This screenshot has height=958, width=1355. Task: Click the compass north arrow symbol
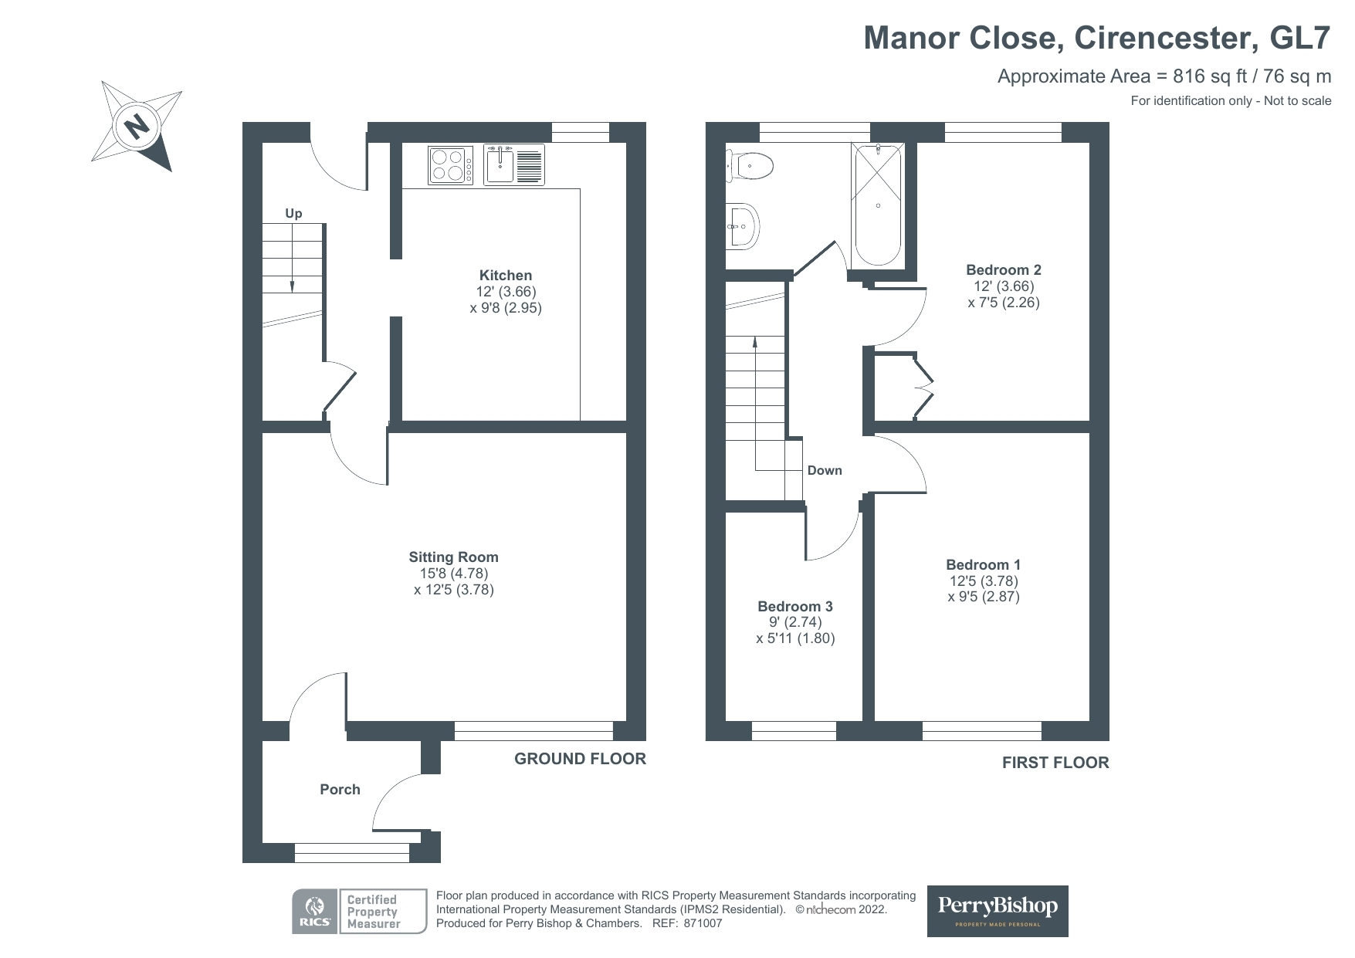point(137,125)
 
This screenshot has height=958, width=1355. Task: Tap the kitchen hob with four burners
point(450,165)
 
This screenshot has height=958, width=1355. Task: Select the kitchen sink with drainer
point(513,164)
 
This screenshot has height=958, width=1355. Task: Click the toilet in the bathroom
point(750,164)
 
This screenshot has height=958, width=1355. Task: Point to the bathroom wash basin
point(742,226)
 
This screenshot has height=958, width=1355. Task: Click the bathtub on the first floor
point(877,204)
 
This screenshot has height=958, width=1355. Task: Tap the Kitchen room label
point(506,276)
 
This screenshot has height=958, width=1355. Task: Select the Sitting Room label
point(453,557)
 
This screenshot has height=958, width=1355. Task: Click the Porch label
point(340,790)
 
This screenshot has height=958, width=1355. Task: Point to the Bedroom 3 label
point(795,607)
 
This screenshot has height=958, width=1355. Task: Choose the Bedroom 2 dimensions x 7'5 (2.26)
point(1004,303)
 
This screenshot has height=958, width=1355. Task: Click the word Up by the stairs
point(293,214)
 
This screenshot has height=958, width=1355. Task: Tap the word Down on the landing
point(825,471)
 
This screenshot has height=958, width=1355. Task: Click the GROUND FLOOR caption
point(580,759)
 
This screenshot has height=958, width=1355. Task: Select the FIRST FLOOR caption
point(1055,763)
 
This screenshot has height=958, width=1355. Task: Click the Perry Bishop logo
point(998,911)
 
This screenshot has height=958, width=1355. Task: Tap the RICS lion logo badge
point(314,912)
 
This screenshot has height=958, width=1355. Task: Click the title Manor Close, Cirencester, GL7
point(1096,37)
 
